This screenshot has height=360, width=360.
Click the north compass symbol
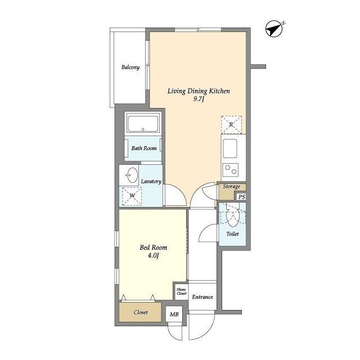click(274, 29)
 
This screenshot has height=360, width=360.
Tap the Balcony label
click(130, 67)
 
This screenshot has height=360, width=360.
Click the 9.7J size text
click(199, 99)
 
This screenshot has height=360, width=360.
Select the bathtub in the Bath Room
click(143, 124)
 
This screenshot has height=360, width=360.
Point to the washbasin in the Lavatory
click(132, 175)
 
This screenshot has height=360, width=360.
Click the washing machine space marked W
click(132, 196)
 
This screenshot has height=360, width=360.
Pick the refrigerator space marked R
click(231, 125)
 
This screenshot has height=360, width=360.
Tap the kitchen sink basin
click(230, 148)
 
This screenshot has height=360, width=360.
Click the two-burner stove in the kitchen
click(231, 170)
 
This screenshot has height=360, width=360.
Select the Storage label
click(231, 186)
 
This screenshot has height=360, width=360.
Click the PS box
click(241, 197)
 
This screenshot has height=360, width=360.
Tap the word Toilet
click(232, 234)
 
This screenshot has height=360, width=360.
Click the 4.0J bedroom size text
click(153, 255)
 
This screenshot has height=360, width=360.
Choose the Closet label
click(141, 312)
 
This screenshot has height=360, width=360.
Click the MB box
click(174, 314)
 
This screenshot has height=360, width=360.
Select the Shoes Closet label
click(181, 291)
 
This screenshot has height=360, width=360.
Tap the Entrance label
click(202, 297)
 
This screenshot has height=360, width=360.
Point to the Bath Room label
click(144, 148)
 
